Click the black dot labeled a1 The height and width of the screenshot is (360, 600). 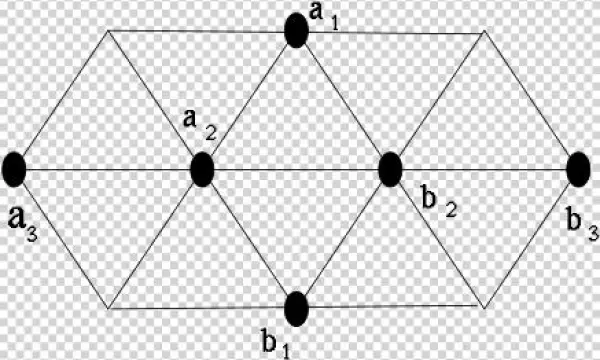[x=295, y=30]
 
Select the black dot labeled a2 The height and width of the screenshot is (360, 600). [x=202, y=169]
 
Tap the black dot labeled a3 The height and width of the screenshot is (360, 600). [x=14, y=169]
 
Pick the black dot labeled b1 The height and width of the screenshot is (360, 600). [x=296, y=309]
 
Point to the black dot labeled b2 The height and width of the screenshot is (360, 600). [x=390, y=169]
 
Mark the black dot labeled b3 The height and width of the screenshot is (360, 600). [x=578, y=169]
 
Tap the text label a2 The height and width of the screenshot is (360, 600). [x=193, y=124]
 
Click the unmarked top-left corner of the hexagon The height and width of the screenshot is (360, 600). [x=107, y=31]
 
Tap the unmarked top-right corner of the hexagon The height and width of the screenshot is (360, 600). [x=484, y=31]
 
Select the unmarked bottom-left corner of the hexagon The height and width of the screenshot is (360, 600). [x=107, y=308]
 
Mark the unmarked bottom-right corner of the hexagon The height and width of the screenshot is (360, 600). [x=484, y=308]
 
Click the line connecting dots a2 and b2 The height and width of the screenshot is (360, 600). [x=296, y=170]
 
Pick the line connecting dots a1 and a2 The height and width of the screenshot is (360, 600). [x=249, y=100]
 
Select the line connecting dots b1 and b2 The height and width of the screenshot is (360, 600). [x=343, y=239]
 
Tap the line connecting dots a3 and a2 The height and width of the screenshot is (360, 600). [x=108, y=170]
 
